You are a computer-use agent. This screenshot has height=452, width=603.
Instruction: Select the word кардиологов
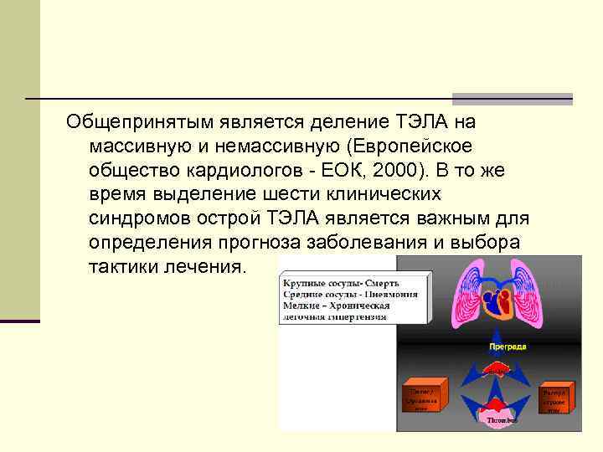click(x=239, y=171)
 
